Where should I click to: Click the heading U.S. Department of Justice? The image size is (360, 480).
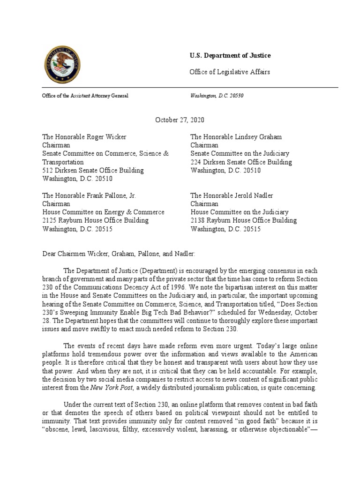tap(230, 56)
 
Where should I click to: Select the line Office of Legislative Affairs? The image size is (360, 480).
tap(230, 72)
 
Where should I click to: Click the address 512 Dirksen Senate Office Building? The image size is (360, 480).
tap(93, 170)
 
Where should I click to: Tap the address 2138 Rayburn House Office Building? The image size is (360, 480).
tap(243, 220)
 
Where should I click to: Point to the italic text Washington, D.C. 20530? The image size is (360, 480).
tap(217, 96)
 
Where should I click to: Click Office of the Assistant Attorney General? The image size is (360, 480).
tap(85, 96)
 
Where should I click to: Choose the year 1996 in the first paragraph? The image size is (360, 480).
tap(178, 286)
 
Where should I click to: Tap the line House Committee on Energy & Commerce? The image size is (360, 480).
tap(104, 212)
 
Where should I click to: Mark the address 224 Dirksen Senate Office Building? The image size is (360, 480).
tap(241, 162)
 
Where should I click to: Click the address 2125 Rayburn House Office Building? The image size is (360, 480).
tap(96, 220)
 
